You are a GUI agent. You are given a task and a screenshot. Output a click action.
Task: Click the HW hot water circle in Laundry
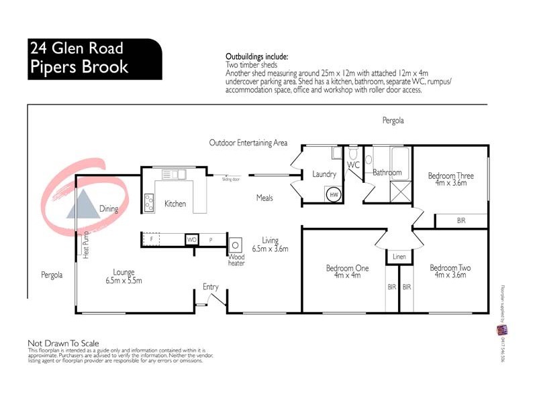point(334,195)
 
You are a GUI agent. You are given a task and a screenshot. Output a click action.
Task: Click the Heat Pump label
point(86,244)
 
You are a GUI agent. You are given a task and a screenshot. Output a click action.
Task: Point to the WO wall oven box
point(191,239)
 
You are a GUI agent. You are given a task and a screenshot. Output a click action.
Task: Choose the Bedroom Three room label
point(450,176)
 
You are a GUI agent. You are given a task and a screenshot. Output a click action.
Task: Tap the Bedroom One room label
point(347,268)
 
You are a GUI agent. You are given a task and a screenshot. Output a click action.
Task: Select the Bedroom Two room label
point(450,268)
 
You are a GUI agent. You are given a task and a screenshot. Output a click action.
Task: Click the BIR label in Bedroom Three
point(461,220)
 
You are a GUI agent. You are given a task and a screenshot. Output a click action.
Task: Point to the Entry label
point(211,287)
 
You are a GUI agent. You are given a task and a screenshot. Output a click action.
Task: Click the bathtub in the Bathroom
point(391,157)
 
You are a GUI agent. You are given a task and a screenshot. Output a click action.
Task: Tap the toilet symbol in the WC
point(354,153)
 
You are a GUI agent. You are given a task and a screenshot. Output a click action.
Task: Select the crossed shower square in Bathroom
point(400,193)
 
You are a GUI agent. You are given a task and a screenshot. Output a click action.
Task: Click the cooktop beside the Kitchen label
point(149,202)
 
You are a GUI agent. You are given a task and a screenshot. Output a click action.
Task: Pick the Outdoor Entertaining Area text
point(248,143)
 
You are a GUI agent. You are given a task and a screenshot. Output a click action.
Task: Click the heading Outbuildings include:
point(257,58)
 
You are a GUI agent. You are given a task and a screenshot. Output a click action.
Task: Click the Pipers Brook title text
point(79,68)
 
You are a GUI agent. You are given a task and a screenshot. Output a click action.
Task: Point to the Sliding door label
point(232,180)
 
